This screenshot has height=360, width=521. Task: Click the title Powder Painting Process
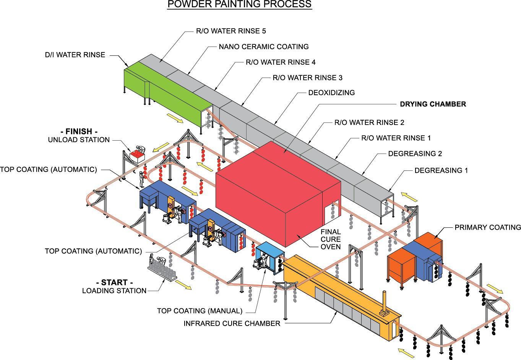(239, 5)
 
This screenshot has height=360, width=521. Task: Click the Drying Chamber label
(433, 104)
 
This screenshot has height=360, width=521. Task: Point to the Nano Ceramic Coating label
(263, 47)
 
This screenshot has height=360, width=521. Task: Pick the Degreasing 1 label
(441, 170)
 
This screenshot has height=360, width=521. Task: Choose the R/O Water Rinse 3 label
(307, 78)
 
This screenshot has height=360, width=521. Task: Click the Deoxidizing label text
(331, 93)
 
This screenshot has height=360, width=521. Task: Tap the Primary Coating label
(488, 227)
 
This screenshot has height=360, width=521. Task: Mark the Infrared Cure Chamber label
(232, 324)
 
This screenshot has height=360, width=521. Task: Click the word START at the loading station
(114, 283)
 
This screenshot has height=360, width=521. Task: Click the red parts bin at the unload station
(136, 155)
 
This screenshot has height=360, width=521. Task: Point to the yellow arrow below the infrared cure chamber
(406, 353)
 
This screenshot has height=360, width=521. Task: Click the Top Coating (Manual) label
(200, 311)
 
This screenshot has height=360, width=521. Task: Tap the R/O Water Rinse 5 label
(231, 31)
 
